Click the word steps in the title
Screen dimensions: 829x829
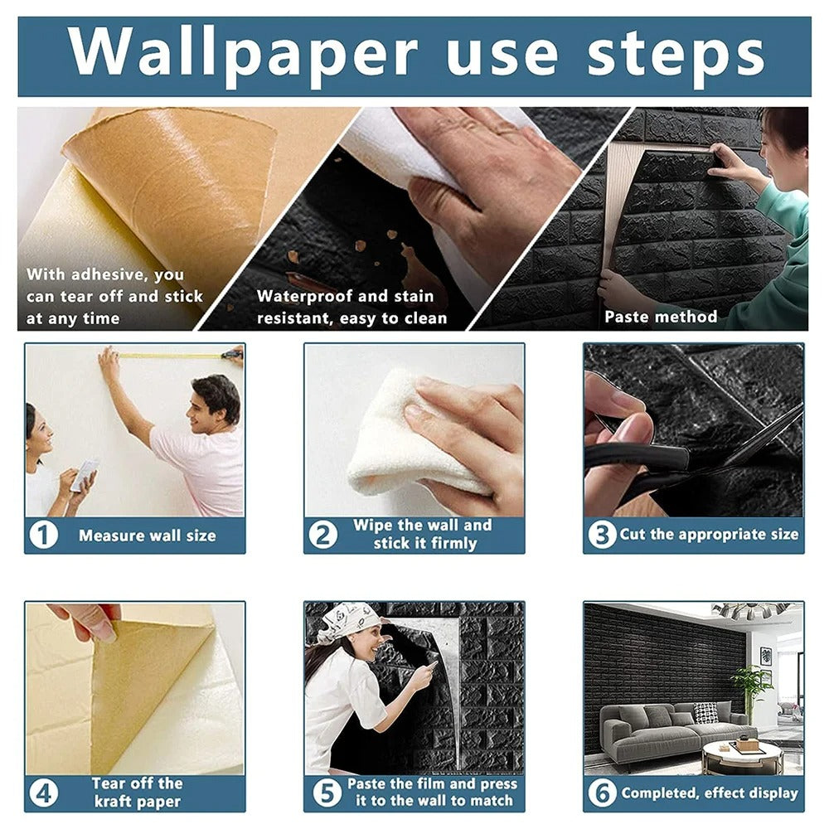[x=676, y=54]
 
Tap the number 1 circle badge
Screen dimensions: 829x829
[x=43, y=535]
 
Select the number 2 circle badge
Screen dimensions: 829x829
[x=322, y=535]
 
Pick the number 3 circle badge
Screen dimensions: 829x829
[x=602, y=535]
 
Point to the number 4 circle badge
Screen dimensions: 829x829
[x=43, y=793]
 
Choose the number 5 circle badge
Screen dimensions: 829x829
[x=322, y=793]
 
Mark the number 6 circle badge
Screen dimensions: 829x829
[x=602, y=793]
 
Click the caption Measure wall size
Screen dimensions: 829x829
[x=147, y=536]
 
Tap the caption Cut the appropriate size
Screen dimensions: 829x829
[x=709, y=535]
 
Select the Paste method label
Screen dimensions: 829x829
[x=660, y=317]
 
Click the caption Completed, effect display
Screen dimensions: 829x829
[x=709, y=793]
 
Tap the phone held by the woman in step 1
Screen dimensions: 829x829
[x=84, y=474]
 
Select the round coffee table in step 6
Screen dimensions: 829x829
[x=742, y=756]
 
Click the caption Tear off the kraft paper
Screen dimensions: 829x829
[x=137, y=793]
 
